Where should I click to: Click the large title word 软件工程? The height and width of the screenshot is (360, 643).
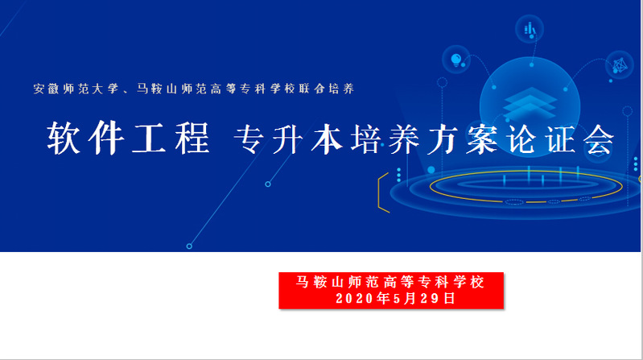tap(128, 139)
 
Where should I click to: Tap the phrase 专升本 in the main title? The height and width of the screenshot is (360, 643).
tap(289, 139)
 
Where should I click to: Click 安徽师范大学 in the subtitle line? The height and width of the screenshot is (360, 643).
tap(76, 89)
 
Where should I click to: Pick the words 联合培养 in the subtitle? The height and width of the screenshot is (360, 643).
tap(327, 89)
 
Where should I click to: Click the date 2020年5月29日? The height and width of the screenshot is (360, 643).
tap(395, 299)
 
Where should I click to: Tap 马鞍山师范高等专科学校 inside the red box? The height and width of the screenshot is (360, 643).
tap(390, 283)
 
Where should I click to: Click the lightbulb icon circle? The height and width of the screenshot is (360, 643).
tap(456, 60)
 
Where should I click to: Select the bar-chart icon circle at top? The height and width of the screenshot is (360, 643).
tap(530, 29)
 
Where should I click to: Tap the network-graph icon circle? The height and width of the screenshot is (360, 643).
tap(620, 65)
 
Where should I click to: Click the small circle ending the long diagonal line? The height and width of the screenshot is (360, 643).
tap(189, 246)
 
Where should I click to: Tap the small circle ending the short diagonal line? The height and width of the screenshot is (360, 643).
tap(268, 184)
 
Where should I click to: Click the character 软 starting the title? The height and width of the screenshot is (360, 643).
tap(64, 139)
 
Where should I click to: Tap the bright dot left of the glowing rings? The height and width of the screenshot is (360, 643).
tap(431, 170)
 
